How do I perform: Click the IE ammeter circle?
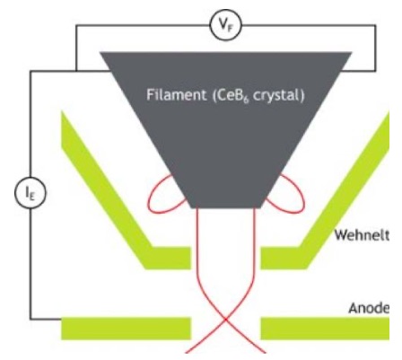(x=30, y=194)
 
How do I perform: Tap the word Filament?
(x=176, y=95)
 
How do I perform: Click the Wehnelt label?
(x=362, y=235)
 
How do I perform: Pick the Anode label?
(x=369, y=308)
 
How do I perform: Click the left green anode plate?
(x=126, y=329)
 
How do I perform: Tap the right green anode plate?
(x=325, y=329)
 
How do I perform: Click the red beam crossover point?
(x=226, y=320)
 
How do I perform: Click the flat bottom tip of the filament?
(x=225, y=207)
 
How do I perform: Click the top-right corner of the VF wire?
(x=376, y=26)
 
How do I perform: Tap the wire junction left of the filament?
(x=76, y=71)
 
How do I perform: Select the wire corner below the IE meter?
(x=30, y=320)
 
